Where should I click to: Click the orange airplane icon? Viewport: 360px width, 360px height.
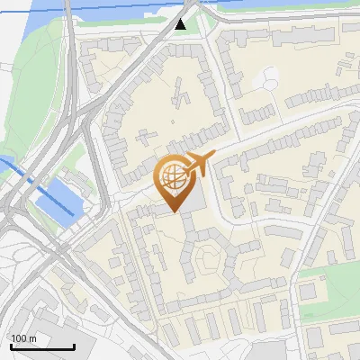[x=197, y=164]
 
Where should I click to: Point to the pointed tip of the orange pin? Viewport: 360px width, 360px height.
[x=174, y=212]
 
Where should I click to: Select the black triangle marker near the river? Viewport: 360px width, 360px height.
[x=181, y=23]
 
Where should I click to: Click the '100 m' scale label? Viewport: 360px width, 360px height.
[x=24, y=338]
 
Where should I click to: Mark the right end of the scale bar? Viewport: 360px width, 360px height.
[x=74, y=346]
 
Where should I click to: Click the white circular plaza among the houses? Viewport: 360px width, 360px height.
[x=267, y=81]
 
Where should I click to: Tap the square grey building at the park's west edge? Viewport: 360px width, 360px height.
[x=309, y=292]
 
